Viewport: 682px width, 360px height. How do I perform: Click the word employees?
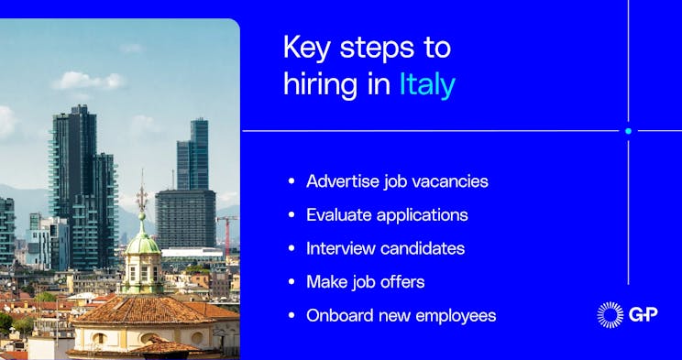coord(450,316)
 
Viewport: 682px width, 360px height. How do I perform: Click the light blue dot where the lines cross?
coord(628,131)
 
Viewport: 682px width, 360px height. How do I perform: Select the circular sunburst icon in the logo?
coord(610,314)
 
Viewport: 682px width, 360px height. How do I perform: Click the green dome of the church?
coord(142,245)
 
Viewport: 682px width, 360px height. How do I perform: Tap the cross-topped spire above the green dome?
coord(141,196)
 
